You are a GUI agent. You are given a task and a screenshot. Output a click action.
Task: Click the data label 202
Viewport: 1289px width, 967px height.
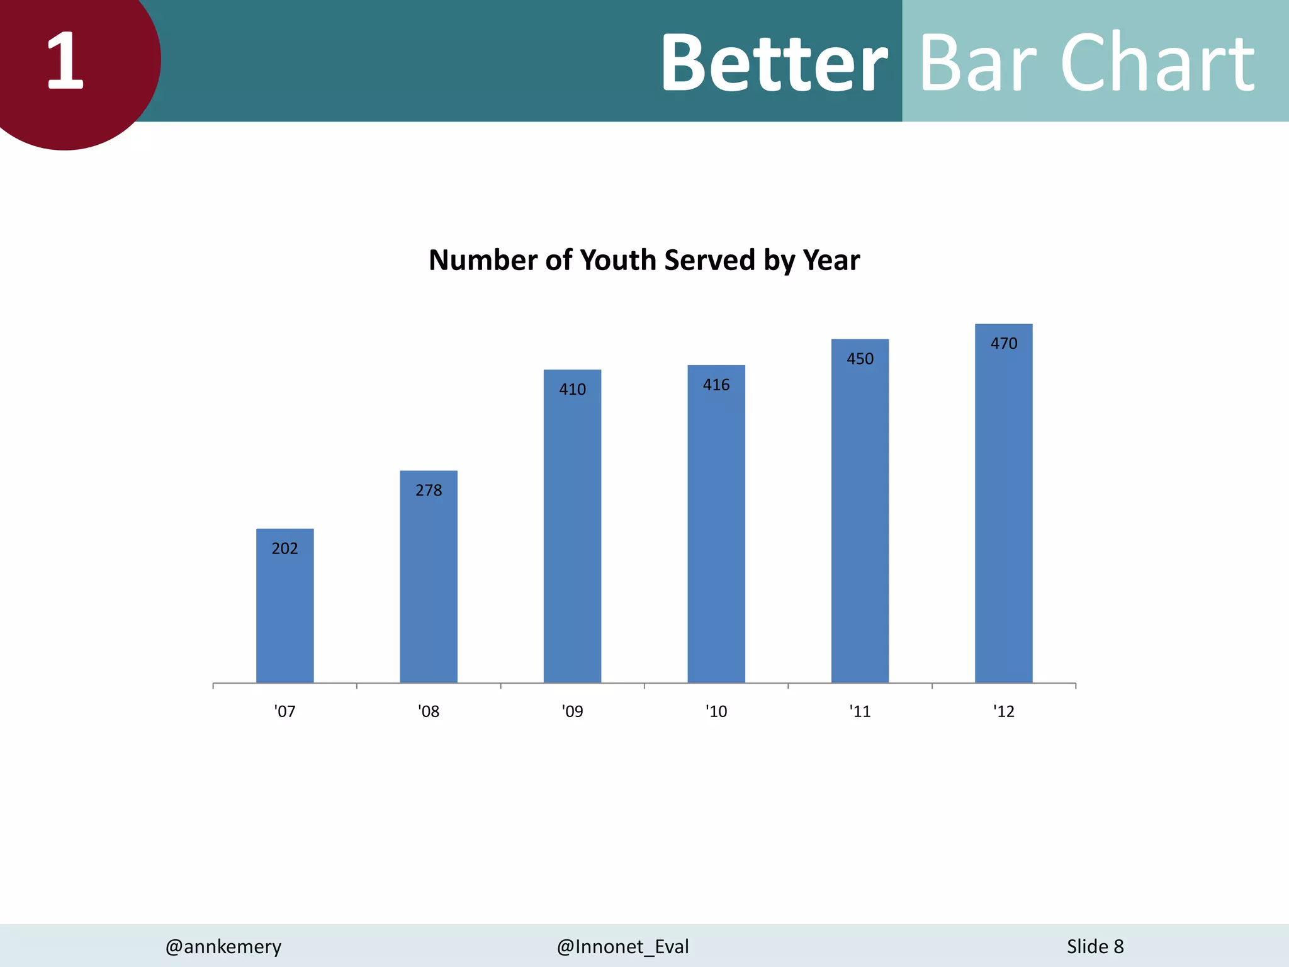pos(284,548)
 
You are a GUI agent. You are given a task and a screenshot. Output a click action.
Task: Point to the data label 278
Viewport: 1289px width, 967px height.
pos(429,490)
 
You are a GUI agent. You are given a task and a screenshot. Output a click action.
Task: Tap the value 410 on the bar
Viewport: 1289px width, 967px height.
pos(572,390)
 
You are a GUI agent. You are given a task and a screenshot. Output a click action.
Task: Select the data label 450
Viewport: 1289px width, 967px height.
pos(860,359)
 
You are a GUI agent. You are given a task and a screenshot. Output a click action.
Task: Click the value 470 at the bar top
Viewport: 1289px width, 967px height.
pos(1003,344)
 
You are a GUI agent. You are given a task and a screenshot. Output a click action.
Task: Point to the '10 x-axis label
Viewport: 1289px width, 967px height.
pos(716,711)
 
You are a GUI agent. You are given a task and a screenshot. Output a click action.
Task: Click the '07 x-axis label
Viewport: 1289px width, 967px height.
pos(284,711)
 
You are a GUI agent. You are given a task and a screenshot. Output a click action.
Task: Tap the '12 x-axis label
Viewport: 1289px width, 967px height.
pos(1003,711)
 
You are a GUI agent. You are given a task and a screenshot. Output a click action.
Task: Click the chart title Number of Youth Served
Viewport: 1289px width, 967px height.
pos(644,261)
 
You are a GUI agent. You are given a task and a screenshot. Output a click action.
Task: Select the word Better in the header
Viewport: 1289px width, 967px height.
pos(774,63)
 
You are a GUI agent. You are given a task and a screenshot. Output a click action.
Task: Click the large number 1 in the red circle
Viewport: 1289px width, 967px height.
pos(65,61)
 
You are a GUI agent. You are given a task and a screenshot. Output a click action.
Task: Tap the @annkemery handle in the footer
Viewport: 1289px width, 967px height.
pos(223,946)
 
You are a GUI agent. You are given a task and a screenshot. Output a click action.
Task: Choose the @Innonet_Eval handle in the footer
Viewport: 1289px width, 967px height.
pos(622,946)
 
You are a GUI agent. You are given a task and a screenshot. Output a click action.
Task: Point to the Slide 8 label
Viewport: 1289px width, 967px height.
pos(1095,946)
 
